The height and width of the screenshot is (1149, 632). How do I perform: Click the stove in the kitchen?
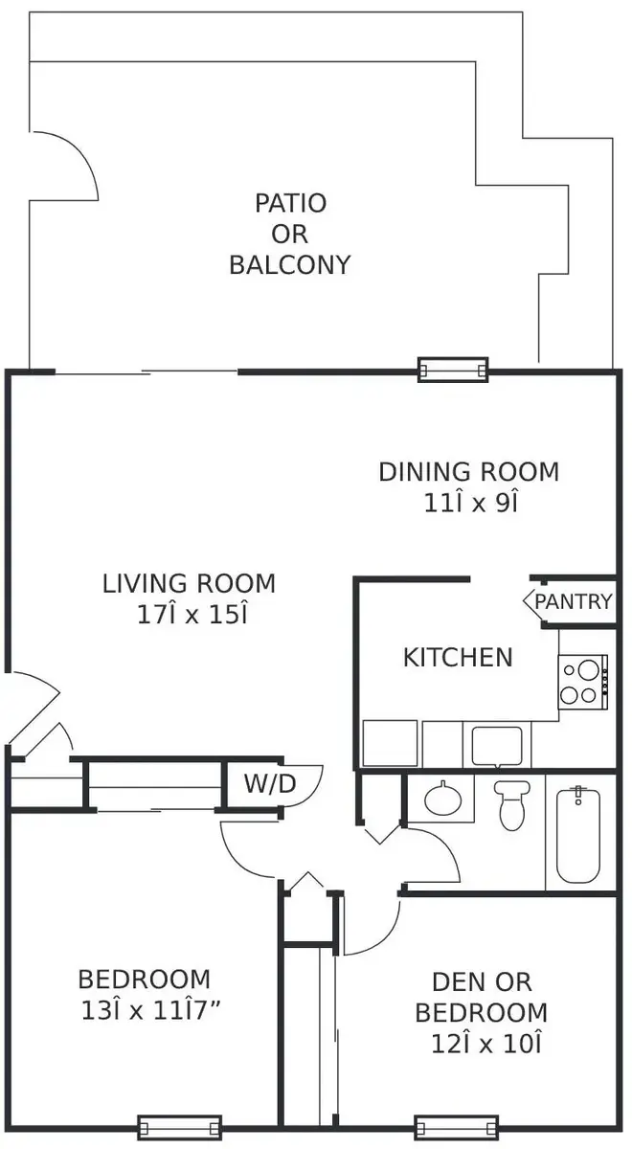tap(583, 682)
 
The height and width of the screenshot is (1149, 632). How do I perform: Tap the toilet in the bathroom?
tap(511, 805)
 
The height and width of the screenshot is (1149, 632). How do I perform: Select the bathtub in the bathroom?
tap(578, 836)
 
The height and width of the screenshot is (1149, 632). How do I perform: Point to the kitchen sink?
tap(497, 745)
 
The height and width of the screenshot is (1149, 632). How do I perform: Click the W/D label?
tap(270, 784)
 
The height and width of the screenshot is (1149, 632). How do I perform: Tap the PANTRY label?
tap(574, 601)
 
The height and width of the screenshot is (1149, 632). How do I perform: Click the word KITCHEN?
tap(458, 658)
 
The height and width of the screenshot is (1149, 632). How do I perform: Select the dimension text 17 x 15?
tap(192, 615)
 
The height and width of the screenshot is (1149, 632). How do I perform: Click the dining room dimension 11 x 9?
tap(470, 504)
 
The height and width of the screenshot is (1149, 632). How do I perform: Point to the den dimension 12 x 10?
tap(485, 1044)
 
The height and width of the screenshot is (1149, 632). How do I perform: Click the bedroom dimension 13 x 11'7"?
tap(151, 1010)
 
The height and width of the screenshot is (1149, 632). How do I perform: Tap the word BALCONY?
tap(290, 265)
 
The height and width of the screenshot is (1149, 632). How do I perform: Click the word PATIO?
tap(291, 204)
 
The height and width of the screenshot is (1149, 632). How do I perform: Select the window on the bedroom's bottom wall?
tap(180, 1129)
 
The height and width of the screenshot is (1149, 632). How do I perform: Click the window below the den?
tap(456, 1129)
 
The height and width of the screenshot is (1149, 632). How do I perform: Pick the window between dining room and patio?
tap(453, 370)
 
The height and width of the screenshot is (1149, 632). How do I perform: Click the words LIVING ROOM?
tap(189, 584)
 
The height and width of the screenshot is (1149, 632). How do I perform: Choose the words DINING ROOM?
tap(469, 472)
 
